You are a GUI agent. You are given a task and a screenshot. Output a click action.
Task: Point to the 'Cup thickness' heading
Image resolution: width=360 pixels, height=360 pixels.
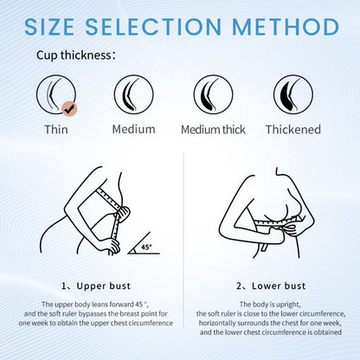point(74,56)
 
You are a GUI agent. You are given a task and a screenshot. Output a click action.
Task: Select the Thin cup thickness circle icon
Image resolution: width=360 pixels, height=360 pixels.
point(55,93)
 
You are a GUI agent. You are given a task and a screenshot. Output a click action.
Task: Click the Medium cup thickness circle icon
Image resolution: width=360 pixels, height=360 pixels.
point(134,93)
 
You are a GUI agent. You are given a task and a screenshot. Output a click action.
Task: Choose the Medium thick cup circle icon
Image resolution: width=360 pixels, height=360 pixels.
point(213,93)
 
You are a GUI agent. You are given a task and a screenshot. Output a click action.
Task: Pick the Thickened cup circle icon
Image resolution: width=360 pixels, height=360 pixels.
point(292,93)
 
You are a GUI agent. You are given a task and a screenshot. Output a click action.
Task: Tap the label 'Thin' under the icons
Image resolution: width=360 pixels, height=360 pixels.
point(55,130)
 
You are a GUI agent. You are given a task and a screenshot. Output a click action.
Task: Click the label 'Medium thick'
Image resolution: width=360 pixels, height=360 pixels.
point(213,130)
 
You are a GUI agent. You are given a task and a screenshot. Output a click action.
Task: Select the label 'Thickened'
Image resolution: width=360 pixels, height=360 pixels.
point(292,130)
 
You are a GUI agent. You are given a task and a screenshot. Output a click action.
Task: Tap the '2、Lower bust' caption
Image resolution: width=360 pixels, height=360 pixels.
point(270,284)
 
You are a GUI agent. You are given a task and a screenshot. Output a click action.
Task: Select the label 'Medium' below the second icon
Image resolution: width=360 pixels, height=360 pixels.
point(134,130)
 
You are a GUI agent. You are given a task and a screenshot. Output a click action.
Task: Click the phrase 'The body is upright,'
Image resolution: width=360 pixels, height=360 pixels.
point(270,305)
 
